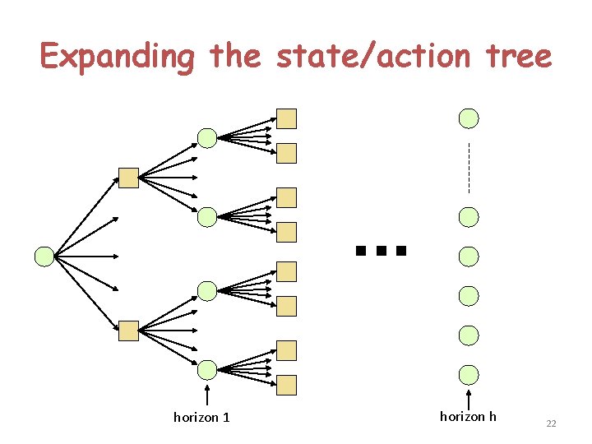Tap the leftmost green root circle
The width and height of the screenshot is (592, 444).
tap(44, 257)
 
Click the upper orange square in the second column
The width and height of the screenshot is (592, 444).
tap(129, 178)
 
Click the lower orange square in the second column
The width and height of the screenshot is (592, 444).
tap(129, 331)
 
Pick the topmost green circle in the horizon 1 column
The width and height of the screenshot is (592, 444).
tap(207, 138)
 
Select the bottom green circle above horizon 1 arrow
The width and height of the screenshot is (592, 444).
tap(207, 368)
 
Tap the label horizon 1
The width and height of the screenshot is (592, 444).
tap(201, 418)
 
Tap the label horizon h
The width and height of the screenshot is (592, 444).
tap(468, 417)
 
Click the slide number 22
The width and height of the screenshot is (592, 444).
tap(551, 423)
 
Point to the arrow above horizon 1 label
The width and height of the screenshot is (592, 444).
tap(207, 395)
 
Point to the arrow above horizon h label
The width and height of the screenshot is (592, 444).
tap(469, 397)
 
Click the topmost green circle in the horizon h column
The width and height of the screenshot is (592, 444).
tap(469, 118)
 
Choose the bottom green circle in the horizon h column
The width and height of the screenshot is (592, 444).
tap(469, 375)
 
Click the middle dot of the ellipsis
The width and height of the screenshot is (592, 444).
tap(380, 250)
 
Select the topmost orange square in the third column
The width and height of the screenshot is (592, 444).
tap(286, 119)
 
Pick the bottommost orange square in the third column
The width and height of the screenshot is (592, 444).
tap(286, 385)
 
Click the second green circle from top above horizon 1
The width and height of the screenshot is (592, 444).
tap(207, 217)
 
